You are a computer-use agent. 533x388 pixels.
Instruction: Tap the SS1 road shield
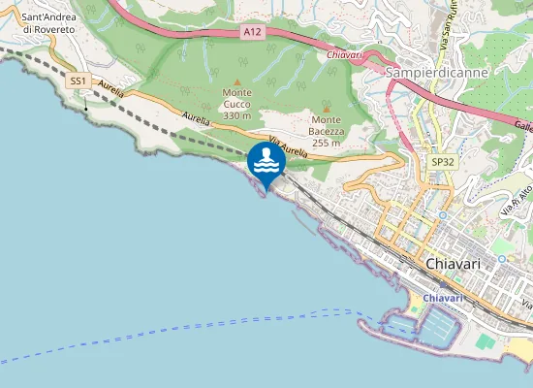(x=78, y=81)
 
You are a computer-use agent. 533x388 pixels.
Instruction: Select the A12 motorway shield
(x=252, y=32)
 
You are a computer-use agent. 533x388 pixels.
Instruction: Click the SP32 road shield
(x=443, y=162)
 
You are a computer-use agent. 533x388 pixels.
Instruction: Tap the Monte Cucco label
(x=237, y=99)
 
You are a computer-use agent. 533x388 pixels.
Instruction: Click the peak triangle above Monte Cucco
(x=237, y=81)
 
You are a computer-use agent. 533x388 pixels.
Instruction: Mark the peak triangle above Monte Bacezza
(x=326, y=109)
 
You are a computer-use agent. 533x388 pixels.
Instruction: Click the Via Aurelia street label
(x=288, y=149)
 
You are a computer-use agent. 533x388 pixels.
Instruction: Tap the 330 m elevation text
(x=237, y=115)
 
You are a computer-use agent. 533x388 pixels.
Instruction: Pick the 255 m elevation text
(x=326, y=143)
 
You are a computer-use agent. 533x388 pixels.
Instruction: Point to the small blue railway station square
(x=441, y=214)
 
